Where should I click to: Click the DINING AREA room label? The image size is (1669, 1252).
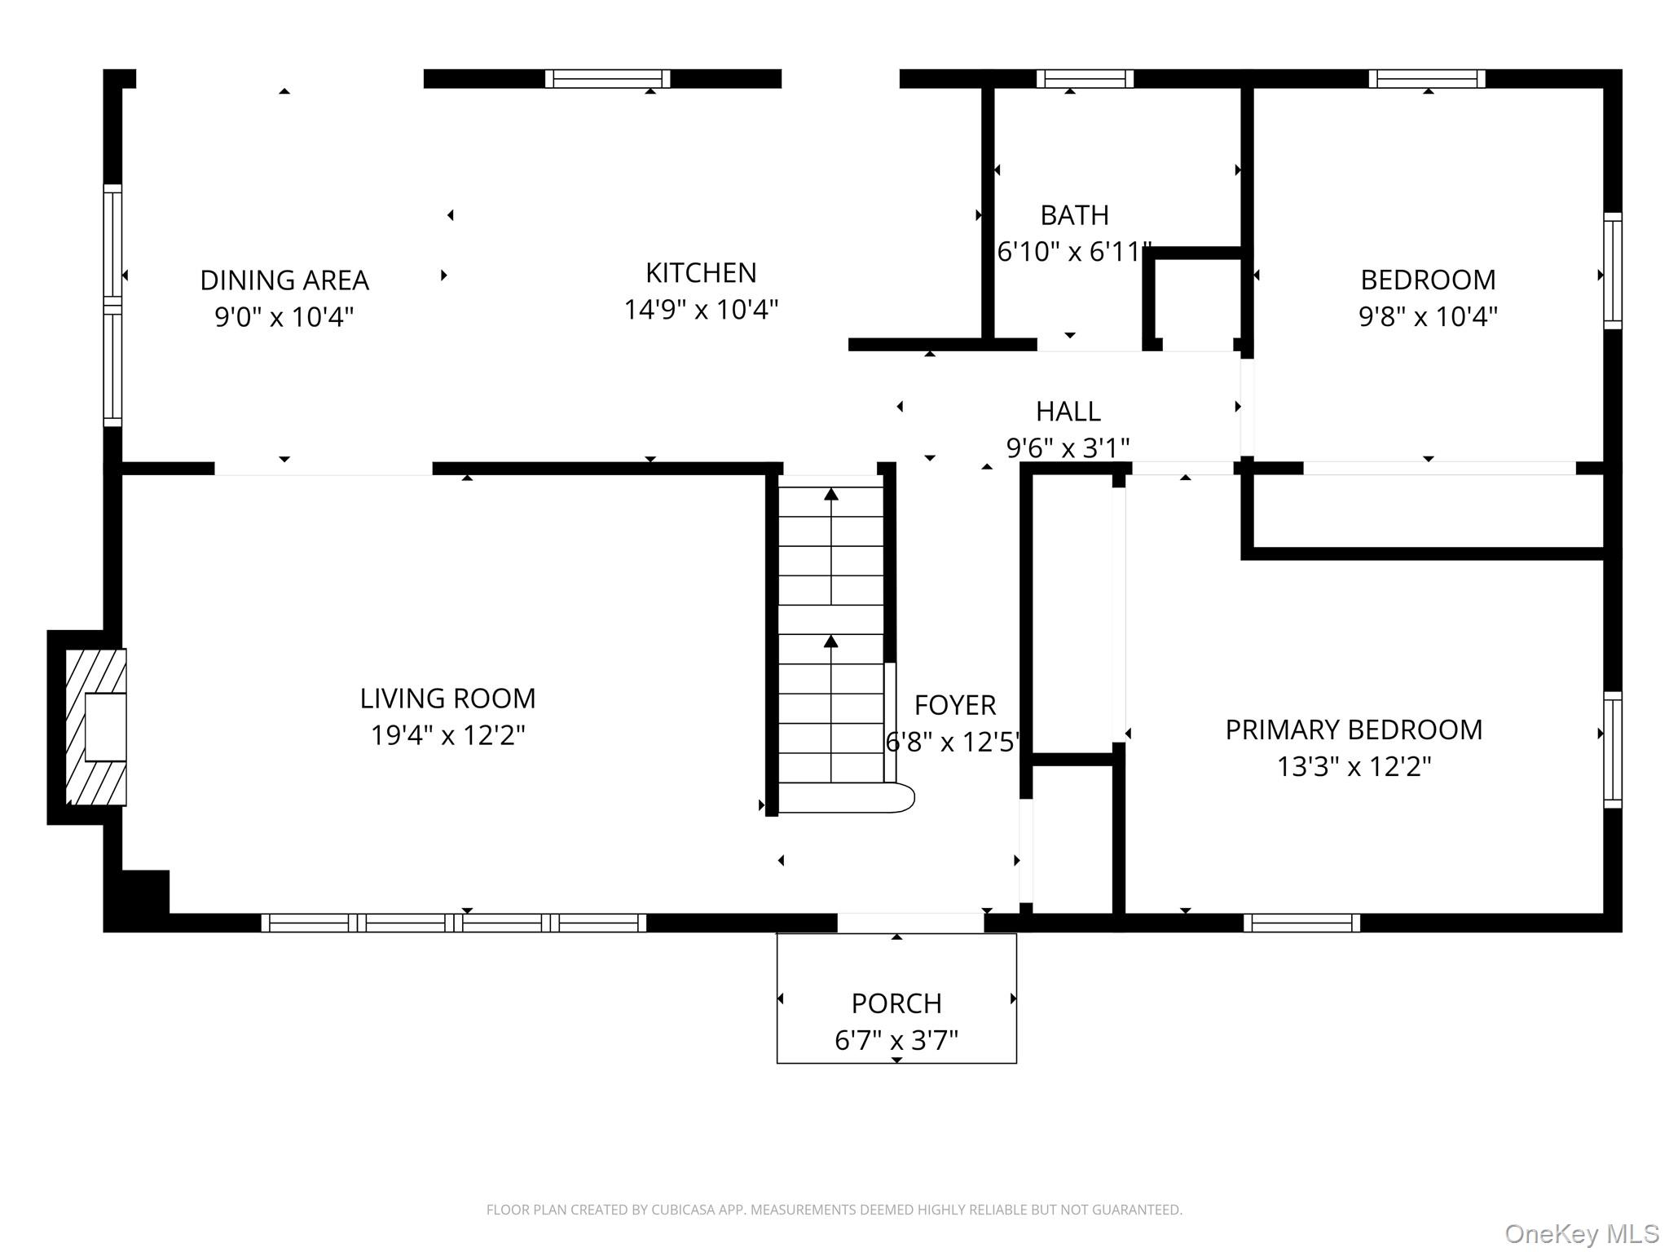(284, 280)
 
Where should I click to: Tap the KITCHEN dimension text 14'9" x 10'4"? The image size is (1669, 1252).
(701, 310)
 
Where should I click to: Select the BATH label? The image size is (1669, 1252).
(1074, 215)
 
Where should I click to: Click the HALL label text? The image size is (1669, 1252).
(1068, 412)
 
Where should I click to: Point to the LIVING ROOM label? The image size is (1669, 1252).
(447, 699)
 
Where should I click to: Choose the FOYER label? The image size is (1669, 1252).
(955, 705)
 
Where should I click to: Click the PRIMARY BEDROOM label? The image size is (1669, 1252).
(1354, 730)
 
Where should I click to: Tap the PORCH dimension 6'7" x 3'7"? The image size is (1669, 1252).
(896, 1041)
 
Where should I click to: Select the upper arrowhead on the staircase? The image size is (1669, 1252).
(830, 494)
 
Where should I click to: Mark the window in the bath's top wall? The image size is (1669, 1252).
(1085, 79)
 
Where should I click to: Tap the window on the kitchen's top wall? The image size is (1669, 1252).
(607, 79)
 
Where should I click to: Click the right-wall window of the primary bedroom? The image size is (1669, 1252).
(1612, 750)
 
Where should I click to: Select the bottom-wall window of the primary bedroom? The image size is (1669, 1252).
(1301, 923)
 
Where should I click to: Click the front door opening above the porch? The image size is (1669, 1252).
(910, 923)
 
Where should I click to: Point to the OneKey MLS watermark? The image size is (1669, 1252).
(1581, 1234)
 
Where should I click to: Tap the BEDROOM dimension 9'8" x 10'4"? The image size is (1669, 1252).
(1428, 317)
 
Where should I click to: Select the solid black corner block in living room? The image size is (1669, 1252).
(145, 893)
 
